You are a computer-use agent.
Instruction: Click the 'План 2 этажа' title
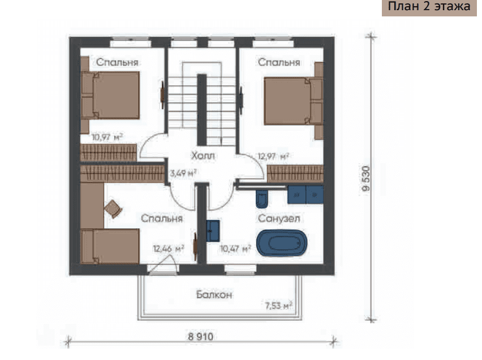(x=429, y=6)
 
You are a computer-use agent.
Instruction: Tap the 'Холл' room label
(x=203, y=155)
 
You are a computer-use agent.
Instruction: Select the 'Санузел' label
(x=279, y=218)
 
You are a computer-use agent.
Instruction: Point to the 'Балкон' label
(x=214, y=294)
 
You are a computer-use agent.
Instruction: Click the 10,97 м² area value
(x=107, y=137)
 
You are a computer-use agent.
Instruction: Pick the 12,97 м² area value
(x=273, y=156)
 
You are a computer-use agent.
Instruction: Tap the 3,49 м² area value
(x=183, y=174)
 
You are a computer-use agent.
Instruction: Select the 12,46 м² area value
(x=169, y=248)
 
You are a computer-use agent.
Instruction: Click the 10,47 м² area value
(x=235, y=248)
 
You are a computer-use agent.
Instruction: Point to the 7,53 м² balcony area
(x=278, y=306)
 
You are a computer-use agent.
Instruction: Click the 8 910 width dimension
(x=200, y=337)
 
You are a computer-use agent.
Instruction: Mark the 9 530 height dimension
(x=366, y=179)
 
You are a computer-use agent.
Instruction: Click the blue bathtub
(x=282, y=243)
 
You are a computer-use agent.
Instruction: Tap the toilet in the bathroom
(x=262, y=198)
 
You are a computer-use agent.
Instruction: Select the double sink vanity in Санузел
(x=305, y=194)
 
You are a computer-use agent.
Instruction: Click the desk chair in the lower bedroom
(x=113, y=209)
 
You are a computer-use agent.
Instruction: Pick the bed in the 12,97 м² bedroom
(x=294, y=101)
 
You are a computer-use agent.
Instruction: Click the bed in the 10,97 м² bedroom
(x=110, y=95)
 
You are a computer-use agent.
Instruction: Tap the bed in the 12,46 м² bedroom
(x=110, y=246)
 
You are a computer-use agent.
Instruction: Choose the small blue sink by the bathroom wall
(x=213, y=231)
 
